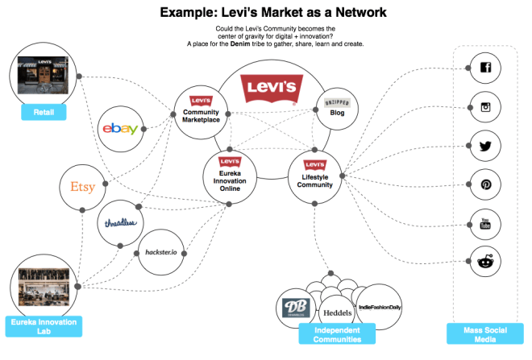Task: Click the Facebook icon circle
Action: click(485, 68)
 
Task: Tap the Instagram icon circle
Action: click(485, 106)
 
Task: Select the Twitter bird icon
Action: click(485, 146)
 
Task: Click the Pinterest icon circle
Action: click(485, 184)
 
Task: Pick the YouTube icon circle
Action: click(485, 222)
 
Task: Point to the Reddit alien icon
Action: click(485, 259)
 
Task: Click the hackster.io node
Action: click(160, 252)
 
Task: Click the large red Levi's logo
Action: click(260, 88)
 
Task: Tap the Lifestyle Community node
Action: click(315, 170)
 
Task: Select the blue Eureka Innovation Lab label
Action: click(44, 325)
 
